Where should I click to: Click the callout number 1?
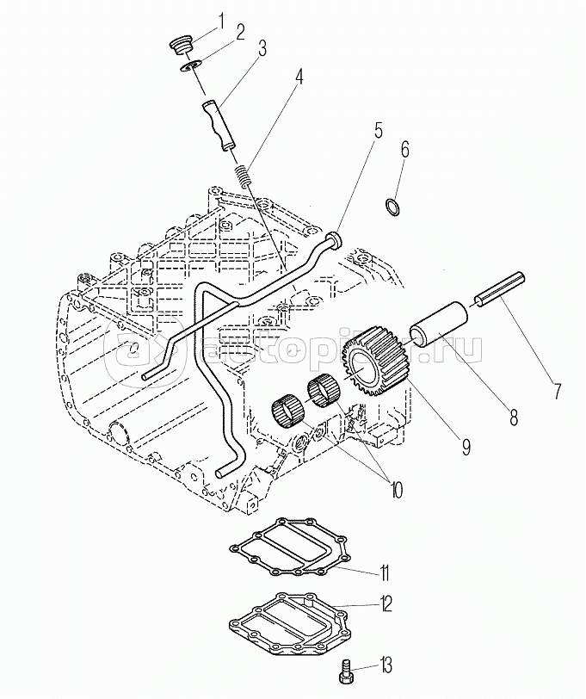(x=220, y=21)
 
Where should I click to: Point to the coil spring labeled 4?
(x=243, y=176)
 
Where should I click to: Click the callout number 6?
(x=404, y=150)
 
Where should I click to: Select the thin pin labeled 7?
(x=500, y=289)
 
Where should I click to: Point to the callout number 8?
(x=514, y=417)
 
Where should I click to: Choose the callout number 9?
(x=466, y=447)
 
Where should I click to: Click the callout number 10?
(x=396, y=489)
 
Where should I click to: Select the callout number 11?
(x=385, y=572)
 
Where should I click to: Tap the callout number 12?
(x=385, y=604)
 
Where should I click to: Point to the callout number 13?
(x=385, y=665)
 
